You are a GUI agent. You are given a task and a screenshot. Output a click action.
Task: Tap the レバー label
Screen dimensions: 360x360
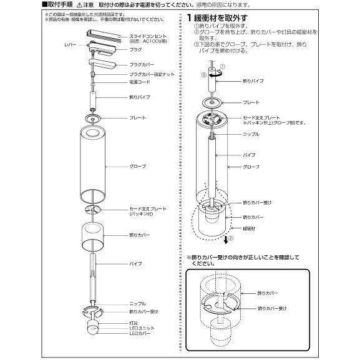point(71,46)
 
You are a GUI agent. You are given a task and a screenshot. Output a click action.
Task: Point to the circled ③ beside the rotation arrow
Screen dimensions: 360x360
point(203,74)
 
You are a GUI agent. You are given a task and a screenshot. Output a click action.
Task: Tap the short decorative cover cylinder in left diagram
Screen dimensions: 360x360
point(92,235)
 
